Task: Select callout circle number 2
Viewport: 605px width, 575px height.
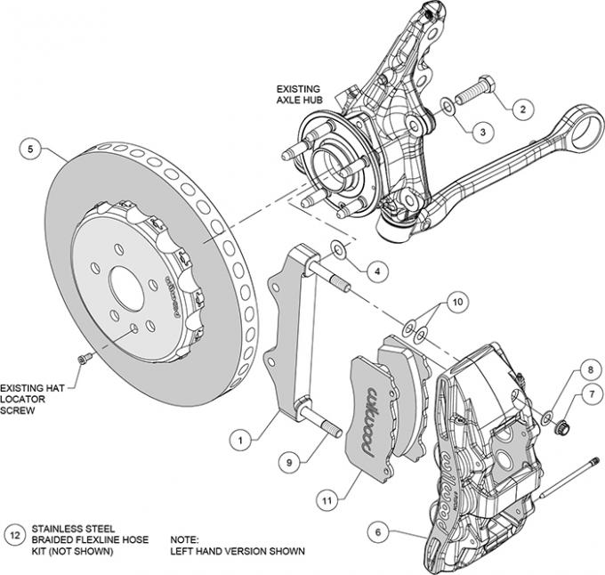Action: (x=522, y=109)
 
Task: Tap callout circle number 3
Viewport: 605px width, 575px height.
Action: (x=481, y=132)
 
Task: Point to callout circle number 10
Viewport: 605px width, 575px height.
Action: (x=456, y=304)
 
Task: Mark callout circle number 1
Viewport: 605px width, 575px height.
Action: (x=239, y=438)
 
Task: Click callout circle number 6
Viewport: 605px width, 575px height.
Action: (x=377, y=532)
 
